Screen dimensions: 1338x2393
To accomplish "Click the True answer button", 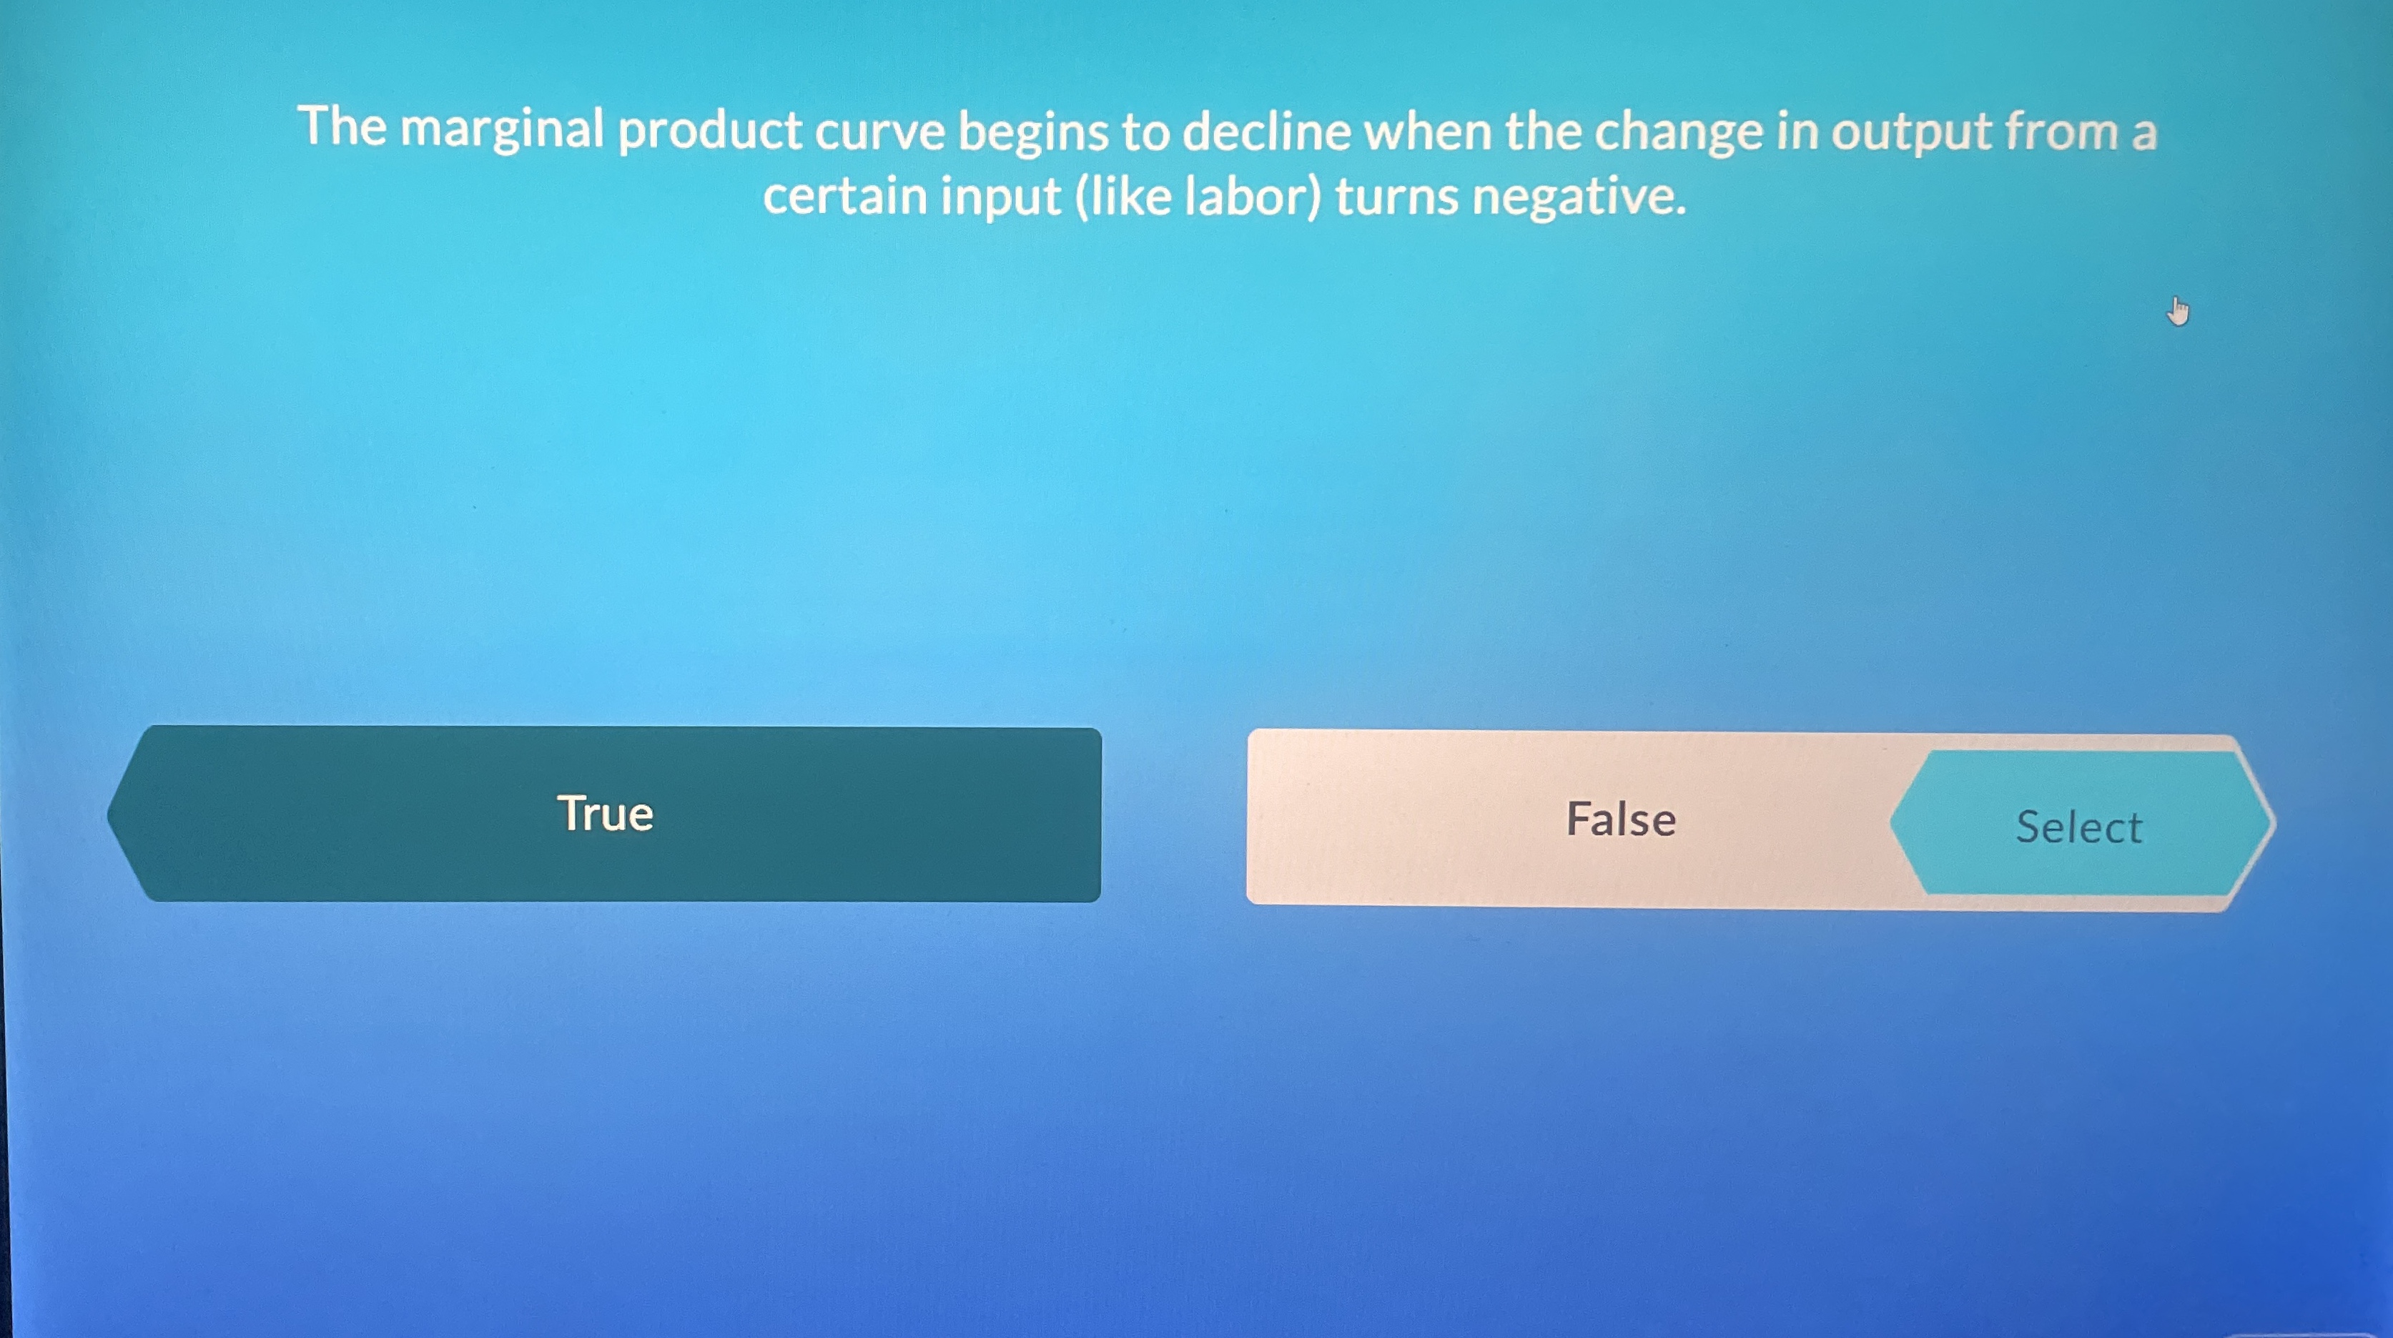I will [605, 814].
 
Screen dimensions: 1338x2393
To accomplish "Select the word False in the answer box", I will [1621, 820].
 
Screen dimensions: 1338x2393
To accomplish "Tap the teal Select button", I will [2079, 826].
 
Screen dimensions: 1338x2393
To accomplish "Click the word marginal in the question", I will [502, 130].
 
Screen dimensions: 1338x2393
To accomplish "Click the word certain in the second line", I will [845, 197].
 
